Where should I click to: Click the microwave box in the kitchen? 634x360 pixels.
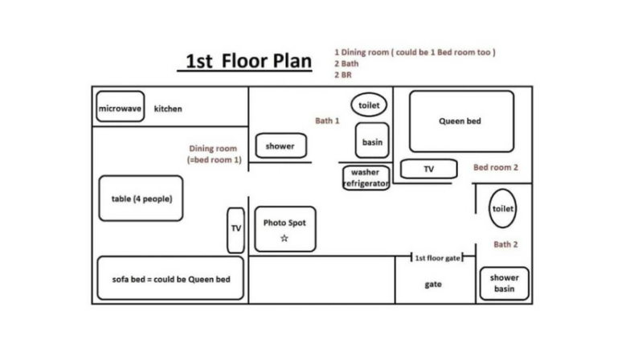coord(120,108)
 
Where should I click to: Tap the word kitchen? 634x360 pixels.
coord(169,109)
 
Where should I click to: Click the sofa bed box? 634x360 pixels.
coord(170,279)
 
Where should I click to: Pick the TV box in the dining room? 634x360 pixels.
coord(236,228)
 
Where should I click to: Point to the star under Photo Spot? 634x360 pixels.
coord(284,239)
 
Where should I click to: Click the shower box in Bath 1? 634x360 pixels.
coord(280,146)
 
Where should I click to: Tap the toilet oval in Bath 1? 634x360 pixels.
coord(369,105)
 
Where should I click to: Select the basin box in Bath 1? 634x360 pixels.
coord(372,141)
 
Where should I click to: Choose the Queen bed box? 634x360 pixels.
coord(460,121)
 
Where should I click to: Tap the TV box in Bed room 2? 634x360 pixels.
coord(428,169)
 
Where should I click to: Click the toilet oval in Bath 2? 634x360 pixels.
coord(501,208)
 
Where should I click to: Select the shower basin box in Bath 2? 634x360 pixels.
coord(505,283)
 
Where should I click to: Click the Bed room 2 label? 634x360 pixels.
coord(496,168)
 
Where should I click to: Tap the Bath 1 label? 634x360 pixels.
coord(327,121)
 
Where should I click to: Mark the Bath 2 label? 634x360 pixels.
coord(505,244)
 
